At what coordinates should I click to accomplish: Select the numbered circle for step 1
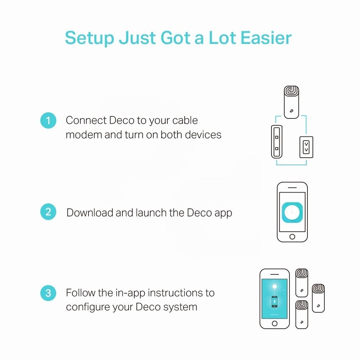click(48, 120)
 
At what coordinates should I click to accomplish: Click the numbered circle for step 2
click(48, 212)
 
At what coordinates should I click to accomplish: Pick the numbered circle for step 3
click(48, 293)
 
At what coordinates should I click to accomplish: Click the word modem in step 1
click(84, 135)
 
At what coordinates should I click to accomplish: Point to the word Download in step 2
click(89, 213)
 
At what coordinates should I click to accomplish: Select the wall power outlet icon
click(306, 147)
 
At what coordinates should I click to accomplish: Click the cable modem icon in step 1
click(276, 141)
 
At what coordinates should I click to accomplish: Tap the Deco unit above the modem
click(291, 102)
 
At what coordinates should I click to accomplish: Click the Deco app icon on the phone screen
click(292, 212)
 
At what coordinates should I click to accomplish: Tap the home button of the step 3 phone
click(275, 324)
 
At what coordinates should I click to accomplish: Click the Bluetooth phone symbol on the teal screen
click(275, 302)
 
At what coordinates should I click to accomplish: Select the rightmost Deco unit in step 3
click(318, 298)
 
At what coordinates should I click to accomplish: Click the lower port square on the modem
click(276, 149)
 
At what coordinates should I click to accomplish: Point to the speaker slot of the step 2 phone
click(292, 188)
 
